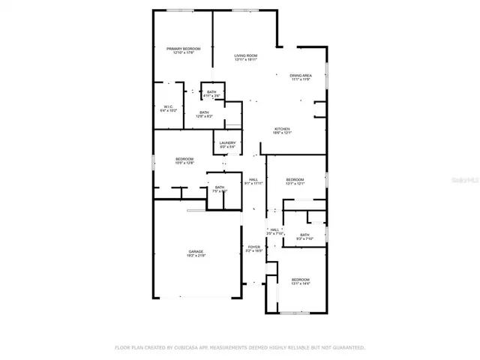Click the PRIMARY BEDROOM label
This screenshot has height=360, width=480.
click(x=183, y=49)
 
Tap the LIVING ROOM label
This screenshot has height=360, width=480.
click(x=245, y=56)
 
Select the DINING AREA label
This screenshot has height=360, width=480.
click(x=301, y=76)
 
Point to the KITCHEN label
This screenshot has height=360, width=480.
click(x=282, y=129)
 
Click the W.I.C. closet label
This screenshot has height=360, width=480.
click(x=168, y=106)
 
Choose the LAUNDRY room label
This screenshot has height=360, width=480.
click(x=228, y=143)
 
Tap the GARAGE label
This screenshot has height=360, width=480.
click(x=196, y=251)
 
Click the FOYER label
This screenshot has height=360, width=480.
click(x=253, y=247)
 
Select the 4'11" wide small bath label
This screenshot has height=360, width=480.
click(x=211, y=92)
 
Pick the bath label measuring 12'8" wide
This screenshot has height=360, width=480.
click(x=204, y=112)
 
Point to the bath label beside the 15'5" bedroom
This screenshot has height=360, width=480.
click(x=220, y=187)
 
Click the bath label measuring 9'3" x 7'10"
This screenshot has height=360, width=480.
click(x=304, y=235)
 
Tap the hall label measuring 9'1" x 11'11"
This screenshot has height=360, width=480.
click(x=253, y=179)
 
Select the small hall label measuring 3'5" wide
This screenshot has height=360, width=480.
click(x=274, y=229)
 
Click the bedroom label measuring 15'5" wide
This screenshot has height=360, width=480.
click(x=184, y=158)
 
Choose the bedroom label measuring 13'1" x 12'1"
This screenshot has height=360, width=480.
click(x=295, y=179)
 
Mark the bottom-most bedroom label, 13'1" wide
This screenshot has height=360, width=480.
click(x=300, y=278)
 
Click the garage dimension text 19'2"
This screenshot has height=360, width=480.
click(x=190, y=256)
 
